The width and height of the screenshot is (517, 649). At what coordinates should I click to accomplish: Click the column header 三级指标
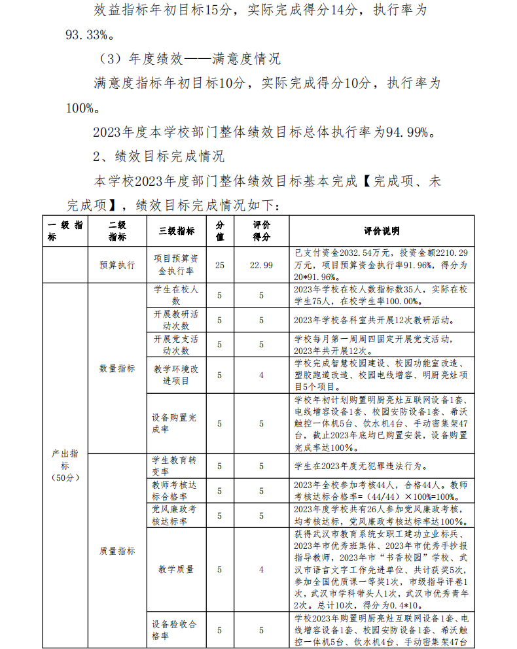click(176, 231)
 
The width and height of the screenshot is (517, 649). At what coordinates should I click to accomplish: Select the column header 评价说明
click(382, 231)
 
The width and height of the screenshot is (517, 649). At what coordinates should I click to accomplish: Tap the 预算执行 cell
click(117, 265)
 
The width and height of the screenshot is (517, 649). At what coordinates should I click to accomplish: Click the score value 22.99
click(261, 265)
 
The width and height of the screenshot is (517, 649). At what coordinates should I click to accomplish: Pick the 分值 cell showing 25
click(219, 265)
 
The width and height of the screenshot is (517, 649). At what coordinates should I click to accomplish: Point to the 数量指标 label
click(117, 368)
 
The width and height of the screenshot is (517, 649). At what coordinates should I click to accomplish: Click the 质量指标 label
click(117, 551)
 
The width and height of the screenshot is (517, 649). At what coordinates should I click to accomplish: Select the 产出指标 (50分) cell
click(65, 465)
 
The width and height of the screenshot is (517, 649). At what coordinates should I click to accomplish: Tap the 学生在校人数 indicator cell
click(176, 295)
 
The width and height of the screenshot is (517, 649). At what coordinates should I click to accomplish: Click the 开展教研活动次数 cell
click(176, 320)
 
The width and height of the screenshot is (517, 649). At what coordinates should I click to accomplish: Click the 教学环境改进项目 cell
click(176, 375)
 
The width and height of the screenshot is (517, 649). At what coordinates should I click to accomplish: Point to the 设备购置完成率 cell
click(176, 423)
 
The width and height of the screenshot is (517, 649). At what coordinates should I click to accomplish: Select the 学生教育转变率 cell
click(176, 466)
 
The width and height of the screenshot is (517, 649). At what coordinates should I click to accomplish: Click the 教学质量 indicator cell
click(176, 569)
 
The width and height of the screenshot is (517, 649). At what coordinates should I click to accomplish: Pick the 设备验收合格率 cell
click(176, 630)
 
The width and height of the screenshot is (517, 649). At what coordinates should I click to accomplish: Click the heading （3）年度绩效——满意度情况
click(189, 59)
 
